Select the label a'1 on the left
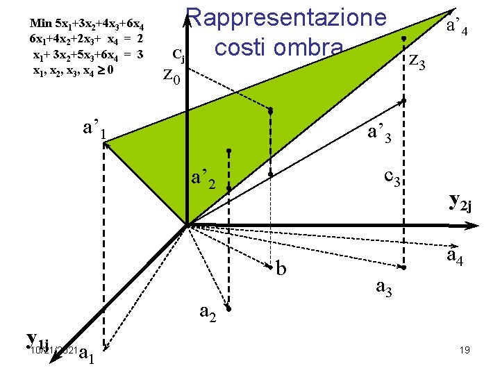(x=94, y=129)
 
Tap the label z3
(x=421, y=62)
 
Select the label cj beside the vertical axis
(x=178, y=53)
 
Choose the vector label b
(x=281, y=267)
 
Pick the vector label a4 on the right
(x=455, y=258)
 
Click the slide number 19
(x=465, y=351)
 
